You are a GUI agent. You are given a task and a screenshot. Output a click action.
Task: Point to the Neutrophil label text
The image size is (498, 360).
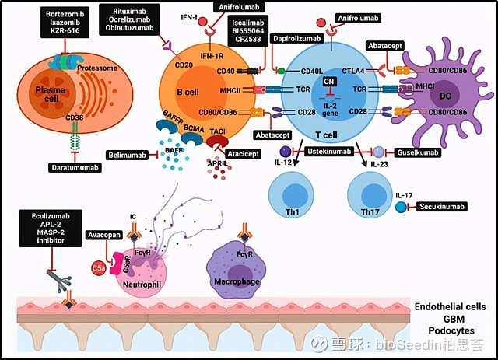coord(142,284)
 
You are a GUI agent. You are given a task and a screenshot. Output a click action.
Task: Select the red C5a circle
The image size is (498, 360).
coord(99,269)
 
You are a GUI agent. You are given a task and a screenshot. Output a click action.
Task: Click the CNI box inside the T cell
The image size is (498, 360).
coord(330,80)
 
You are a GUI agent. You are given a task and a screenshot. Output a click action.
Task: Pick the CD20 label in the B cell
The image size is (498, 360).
coord(184,65)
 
